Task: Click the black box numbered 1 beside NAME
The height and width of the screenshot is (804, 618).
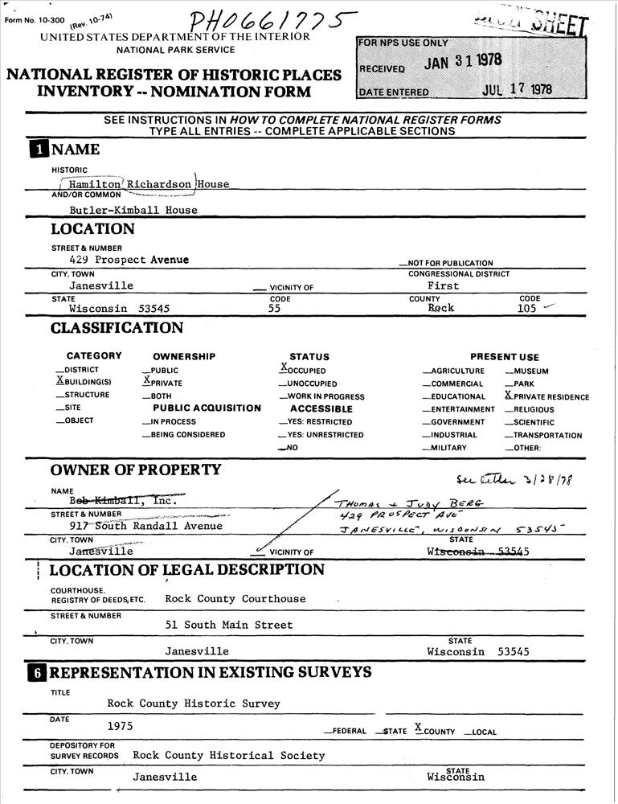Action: pos(39,150)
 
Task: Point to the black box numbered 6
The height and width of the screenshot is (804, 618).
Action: pos(39,672)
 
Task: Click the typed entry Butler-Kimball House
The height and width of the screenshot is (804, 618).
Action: pos(133,210)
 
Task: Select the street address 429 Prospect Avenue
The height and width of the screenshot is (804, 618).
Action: pos(129,260)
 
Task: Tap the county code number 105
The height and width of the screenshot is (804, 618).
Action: pos(527,308)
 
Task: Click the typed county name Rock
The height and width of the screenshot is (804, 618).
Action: pos(440,308)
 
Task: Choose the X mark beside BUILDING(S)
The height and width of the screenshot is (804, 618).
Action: pos(59,381)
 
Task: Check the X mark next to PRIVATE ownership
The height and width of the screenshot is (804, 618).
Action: pos(146,381)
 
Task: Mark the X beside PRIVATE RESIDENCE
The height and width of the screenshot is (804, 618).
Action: pos(508,396)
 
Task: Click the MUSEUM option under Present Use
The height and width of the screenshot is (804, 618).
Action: pos(531,371)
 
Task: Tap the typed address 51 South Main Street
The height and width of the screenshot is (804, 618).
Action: pos(229,625)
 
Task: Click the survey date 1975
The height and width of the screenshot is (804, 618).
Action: pos(121,726)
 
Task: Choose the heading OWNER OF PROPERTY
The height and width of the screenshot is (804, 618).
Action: pos(136,470)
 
